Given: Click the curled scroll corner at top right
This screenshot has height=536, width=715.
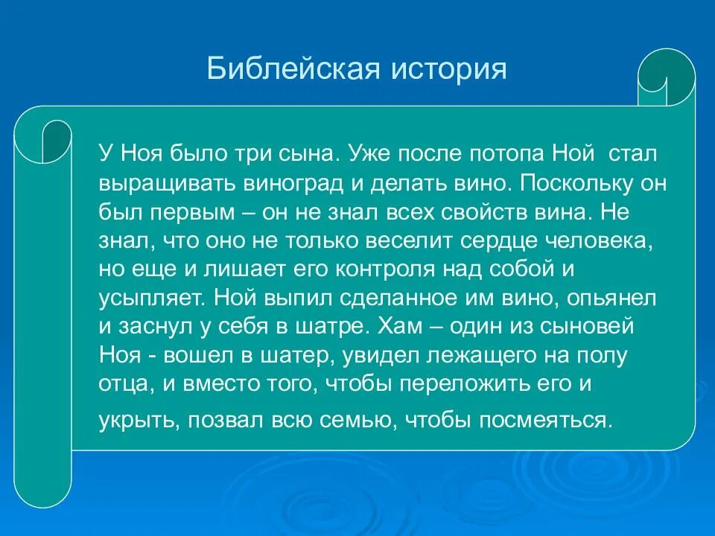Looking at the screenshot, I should (666, 77).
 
